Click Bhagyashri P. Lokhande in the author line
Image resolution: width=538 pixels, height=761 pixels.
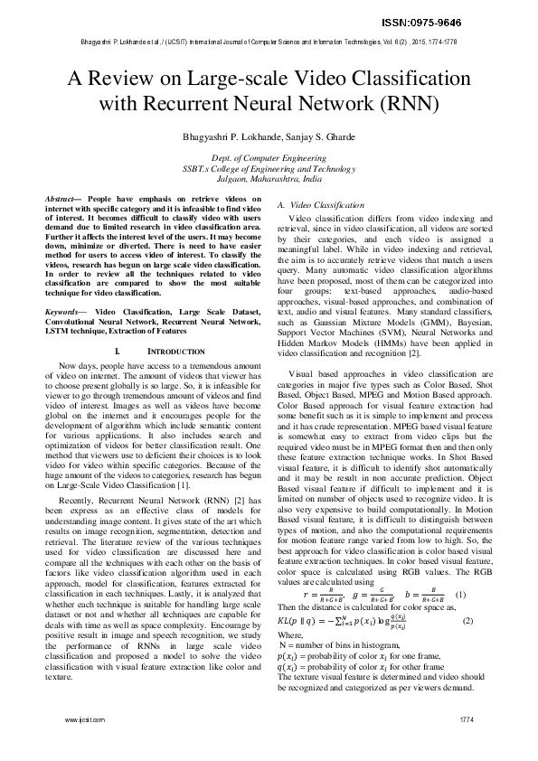[x=223, y=136]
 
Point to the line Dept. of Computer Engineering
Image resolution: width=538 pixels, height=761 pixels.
[x=269, y=157]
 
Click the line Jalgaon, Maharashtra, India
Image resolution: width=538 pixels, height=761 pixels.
[x=269, y=179]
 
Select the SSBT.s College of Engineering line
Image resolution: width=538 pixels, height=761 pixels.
[x=269, y=168]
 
